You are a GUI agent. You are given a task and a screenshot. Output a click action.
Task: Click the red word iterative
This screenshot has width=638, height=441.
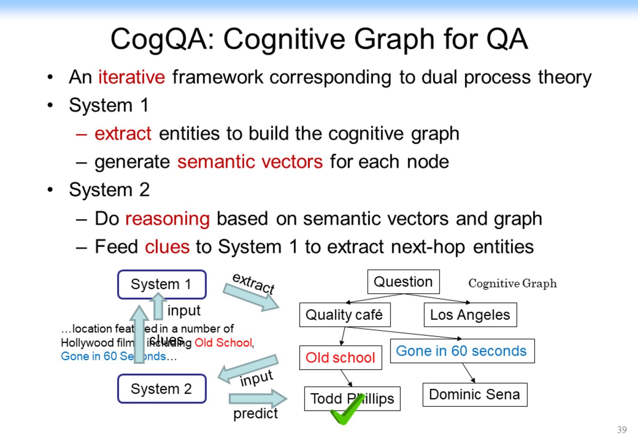pos(131,77)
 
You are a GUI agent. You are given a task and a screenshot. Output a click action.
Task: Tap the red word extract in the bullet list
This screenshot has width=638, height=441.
pos(123,134)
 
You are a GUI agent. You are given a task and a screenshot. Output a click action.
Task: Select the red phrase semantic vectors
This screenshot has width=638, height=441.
pos(250,162)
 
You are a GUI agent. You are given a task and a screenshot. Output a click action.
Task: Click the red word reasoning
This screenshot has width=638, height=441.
pos(167,219)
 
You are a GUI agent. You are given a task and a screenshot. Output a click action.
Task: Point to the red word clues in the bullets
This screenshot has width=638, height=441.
pos(167,247)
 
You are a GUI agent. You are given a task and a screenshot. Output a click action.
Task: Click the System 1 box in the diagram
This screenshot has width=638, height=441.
pos(161,284)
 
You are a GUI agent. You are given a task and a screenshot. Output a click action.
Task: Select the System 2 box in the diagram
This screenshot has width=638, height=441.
pos(161,389)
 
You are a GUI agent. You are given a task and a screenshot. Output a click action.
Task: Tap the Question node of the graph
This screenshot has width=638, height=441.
pos(403,282)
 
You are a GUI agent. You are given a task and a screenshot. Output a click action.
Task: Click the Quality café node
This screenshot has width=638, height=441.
pos(345,315)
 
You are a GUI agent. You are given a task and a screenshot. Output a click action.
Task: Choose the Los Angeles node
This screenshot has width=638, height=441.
pos(470,315)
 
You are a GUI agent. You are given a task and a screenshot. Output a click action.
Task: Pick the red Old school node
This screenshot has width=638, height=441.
pos(340,358)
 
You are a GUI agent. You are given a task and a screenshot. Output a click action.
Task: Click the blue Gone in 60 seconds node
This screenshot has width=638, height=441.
pos(462,351)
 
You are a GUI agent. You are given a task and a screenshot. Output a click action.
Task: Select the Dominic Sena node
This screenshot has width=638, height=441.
pos(474,395)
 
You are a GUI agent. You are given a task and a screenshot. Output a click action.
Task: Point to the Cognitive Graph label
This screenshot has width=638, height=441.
pos(512,284)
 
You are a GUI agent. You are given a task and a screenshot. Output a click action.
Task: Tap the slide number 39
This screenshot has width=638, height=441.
pos(622,430)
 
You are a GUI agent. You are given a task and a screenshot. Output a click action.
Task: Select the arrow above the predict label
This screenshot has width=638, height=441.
pos(258,399)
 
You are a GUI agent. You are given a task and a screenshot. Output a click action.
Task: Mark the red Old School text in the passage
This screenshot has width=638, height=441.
pos(223,343)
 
